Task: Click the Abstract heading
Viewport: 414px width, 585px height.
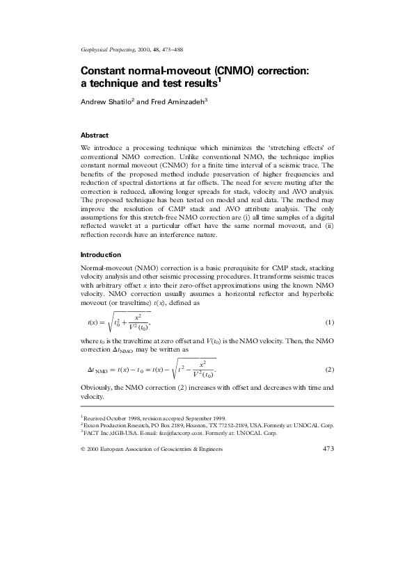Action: pyautogui.click(x=95, y=135)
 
